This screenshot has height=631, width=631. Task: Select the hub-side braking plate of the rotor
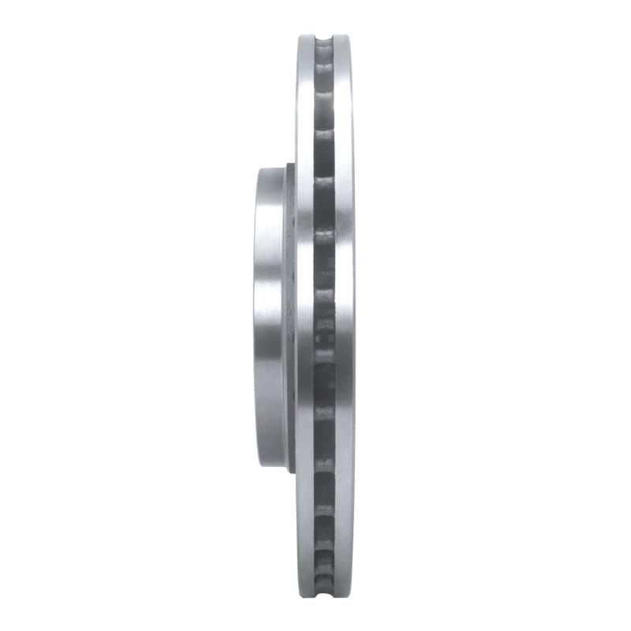(305, 315)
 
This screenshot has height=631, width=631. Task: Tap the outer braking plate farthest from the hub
(345, 315)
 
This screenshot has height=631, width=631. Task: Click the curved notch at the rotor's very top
(324, 39)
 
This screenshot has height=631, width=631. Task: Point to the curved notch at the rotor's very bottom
(324, 593)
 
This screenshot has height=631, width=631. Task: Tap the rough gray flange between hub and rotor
(290, 315)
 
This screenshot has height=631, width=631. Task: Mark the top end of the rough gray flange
(290, 167)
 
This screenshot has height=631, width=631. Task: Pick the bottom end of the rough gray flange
(290, 467)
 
